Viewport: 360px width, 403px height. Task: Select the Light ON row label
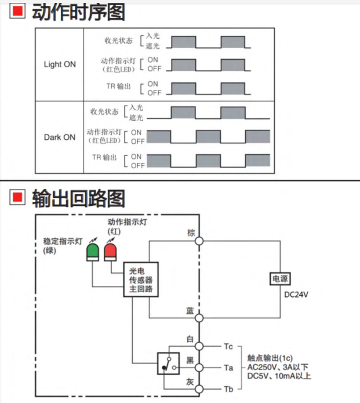click(x=60, y=64)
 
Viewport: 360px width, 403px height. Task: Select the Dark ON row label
click(x=60, y=137)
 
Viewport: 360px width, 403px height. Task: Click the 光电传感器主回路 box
click(x=141, y=280)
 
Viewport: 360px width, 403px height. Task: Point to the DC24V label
click(x=296, y=295)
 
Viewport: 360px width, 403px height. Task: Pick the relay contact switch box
click(x=168, y=364)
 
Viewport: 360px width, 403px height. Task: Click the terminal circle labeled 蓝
click(x=199, y=317)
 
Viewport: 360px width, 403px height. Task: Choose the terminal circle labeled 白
click(x=199, y=346)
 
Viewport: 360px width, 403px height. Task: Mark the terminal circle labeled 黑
click(x=199, y=368)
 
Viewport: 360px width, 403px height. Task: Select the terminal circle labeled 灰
click(x=199, y=389)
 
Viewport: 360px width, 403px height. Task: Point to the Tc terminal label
click(x=228, y=346)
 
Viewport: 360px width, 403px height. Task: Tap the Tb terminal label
click(x=228, y=389)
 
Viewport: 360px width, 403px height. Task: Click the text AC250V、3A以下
click(x=278, y=367)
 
